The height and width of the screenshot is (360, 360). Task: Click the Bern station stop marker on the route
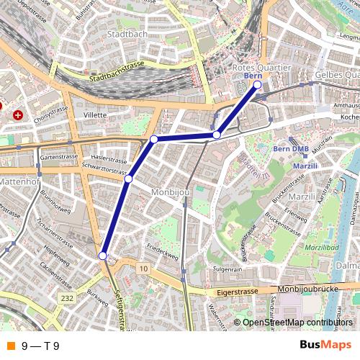click(257, 85)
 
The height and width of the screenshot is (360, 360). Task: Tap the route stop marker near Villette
click(153, 138)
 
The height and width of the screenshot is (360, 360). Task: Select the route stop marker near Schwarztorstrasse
click(128, 178)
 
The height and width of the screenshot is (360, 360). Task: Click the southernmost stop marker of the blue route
click(103, 256)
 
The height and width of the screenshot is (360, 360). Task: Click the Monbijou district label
click(170, 193)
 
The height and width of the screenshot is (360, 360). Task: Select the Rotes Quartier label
click(261, 67)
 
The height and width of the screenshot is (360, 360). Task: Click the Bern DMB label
click(291, 149)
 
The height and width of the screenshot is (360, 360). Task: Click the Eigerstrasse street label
click(237, 293)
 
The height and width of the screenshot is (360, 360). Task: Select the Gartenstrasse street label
click(58, 156)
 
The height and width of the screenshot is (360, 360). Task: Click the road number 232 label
click(68, 297)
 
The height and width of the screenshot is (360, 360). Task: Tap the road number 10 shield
click(145, 269)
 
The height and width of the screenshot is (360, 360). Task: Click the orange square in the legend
click(10, 346)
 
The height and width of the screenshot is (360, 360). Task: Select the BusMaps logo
click(326, 345)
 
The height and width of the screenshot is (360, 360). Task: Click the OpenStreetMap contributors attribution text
click(297, 323)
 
